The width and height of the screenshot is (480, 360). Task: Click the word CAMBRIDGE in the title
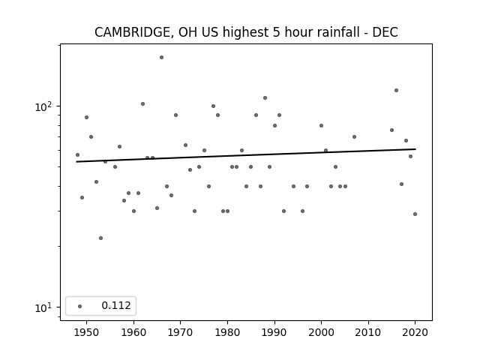pos(132,32)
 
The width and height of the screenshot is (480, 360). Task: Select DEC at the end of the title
pos(385,32)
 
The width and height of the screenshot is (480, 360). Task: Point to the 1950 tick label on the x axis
pos(87,332)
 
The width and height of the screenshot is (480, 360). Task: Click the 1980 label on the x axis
pos(227,332)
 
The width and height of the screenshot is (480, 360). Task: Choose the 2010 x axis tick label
pos(368,332)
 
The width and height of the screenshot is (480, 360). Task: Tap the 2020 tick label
pos(415,332)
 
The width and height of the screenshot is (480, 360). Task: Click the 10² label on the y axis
pos(43,106)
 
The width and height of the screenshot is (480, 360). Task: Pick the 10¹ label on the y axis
pos(43,307)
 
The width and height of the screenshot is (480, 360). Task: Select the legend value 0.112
pos(116,305)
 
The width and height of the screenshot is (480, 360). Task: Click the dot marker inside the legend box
pos(80,306)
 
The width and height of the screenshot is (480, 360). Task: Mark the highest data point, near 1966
pos(162,57)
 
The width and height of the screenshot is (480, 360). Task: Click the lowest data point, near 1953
pos(100,238)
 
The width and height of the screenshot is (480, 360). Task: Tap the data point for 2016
pos(397,90)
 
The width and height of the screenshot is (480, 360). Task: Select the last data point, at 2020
pos(415,214)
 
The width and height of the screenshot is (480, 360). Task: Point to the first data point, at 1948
pos(77,155)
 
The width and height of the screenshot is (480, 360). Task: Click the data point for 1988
pos(265,98)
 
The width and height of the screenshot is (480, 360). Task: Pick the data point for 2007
pos(354,136)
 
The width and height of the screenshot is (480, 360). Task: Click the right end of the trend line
pos(415,149)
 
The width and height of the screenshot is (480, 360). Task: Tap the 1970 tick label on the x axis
pos(180,332)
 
